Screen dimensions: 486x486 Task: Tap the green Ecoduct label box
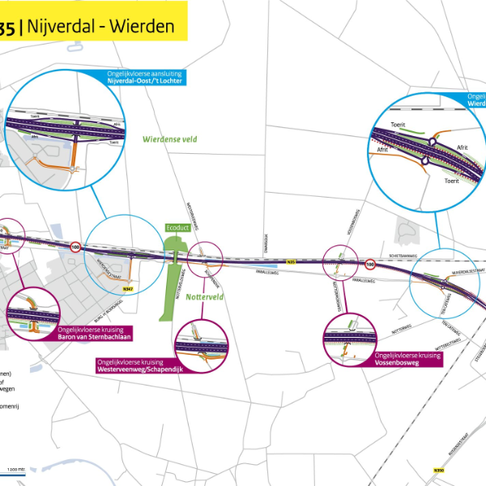[177, 229]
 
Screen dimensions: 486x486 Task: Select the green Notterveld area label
[204, 297]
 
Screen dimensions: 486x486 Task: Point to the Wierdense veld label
[170, 139]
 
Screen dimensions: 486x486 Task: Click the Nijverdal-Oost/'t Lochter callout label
[145, 79]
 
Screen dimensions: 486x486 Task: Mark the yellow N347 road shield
[127, 288]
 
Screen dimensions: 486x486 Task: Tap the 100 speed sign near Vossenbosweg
[369, 263]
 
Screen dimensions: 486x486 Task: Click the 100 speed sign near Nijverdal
[75, 247]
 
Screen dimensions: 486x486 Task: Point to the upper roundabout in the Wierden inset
[434, 141]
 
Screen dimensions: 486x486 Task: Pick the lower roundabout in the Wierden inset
[424, 162]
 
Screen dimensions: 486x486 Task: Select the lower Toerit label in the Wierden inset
[451, 181]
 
